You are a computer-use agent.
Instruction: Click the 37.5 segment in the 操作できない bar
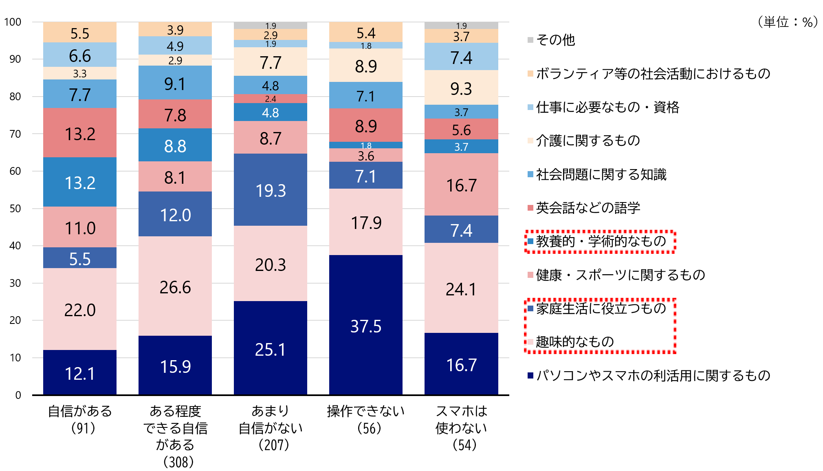pos(365,326)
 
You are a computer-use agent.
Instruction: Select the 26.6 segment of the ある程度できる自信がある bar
pos(175,286)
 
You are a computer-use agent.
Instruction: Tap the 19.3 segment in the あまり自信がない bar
pos(270,190)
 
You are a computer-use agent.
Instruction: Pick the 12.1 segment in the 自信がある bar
pos(80,373)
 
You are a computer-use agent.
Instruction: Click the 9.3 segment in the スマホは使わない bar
pos(461,88)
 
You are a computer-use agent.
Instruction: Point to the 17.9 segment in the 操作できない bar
pos(365,222)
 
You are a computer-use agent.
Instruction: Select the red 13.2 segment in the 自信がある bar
pos(80,133)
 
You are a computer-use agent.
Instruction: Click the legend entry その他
pos(555,40)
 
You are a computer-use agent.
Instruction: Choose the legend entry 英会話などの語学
pos(588,208)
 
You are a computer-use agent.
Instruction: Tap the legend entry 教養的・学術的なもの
pos(601,241)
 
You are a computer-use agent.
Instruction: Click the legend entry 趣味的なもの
pos(574,341)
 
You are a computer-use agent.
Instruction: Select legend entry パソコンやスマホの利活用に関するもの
pos(653,375)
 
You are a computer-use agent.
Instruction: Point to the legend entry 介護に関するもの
pos(588,141)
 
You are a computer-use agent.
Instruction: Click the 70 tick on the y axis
pos(15,134)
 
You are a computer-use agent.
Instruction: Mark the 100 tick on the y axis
pos(13,22)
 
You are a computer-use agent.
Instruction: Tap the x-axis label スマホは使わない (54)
pos(461,427)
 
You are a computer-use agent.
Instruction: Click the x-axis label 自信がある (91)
pos(80,419)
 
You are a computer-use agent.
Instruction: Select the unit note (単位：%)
pos(787,22)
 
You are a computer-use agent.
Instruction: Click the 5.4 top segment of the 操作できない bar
pos(365,33)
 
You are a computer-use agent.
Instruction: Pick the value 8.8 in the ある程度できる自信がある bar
pos(175,145)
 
